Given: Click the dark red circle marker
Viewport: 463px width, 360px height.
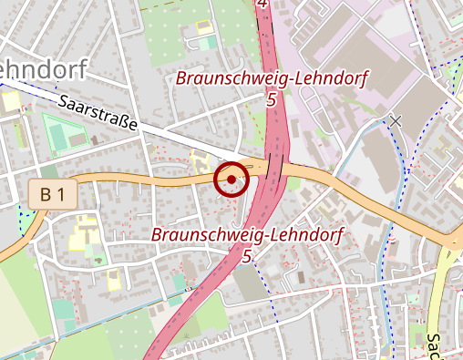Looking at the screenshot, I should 232,179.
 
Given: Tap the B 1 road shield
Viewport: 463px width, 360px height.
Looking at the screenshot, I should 52,193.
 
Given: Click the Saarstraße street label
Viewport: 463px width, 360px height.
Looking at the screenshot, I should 97,113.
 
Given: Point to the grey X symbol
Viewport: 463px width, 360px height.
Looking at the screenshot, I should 396,119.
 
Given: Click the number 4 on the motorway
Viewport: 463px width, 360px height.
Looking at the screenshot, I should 263,5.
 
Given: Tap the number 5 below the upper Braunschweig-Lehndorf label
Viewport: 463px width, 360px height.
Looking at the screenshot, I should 272,99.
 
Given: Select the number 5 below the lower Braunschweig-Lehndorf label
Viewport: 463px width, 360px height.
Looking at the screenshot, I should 247,256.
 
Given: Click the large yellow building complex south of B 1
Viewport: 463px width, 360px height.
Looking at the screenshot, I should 87,231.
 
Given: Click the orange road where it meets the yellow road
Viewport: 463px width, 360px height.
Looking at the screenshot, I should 453,241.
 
